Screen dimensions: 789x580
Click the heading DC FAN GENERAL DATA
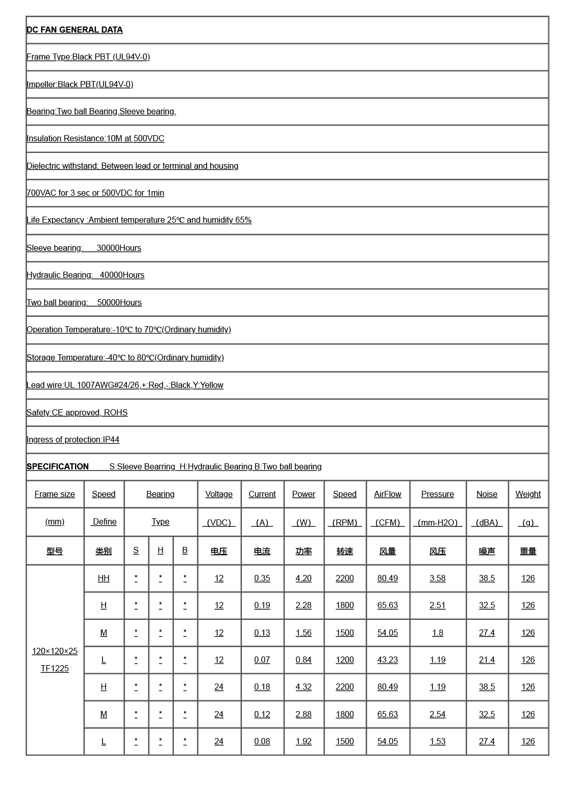pos(74,30)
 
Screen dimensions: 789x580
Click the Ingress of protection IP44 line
pos(73,439)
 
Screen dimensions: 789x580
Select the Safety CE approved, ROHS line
pos(77,412)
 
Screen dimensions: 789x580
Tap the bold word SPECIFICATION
pos(58,466)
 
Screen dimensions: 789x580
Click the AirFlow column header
pos(388,494)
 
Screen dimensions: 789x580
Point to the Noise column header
pos(487,494)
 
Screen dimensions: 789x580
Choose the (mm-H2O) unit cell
pos(438,522)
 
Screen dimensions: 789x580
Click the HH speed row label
pos(104,578)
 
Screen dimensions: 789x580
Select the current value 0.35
pos(262,578)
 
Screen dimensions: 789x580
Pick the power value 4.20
pos(304,578)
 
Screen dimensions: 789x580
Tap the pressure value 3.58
pos(438,578)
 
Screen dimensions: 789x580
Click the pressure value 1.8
pos(438,633)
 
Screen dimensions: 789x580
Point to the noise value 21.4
pos(487,660)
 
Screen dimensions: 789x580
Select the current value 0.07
pos(262,660)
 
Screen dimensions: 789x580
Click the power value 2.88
pos(304,714)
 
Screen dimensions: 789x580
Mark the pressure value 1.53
pos(438,741)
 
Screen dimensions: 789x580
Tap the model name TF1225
pos(55,668)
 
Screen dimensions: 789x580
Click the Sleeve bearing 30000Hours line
pos(84,248)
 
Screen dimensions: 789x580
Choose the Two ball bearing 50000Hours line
pos(84,302)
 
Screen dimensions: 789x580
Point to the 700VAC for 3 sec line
pos(95,193)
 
